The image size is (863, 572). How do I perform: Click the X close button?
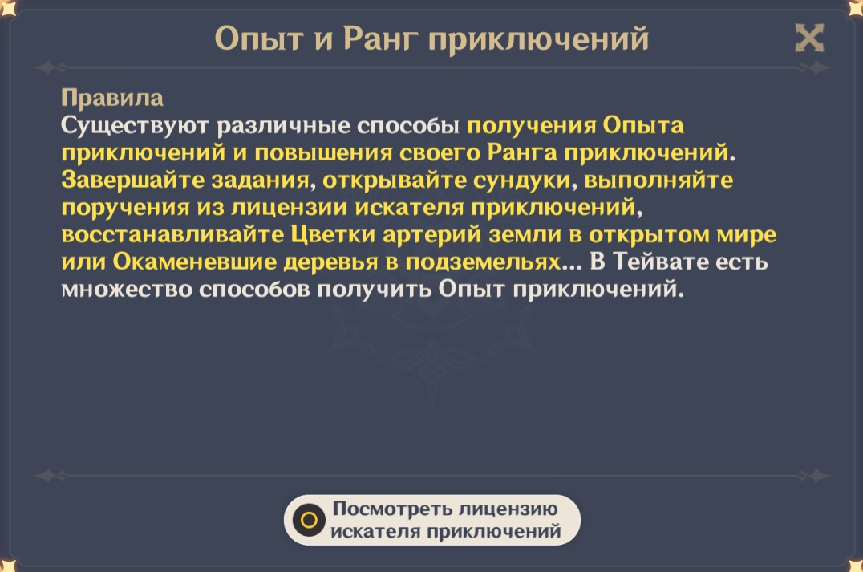tap(809, 38)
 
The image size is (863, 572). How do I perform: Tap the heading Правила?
tap(112, 98)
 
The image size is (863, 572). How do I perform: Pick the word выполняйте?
tap(658, 181)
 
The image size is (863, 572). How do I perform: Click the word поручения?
tap(125, 208)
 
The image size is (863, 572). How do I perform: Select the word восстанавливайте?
tap(172, 234)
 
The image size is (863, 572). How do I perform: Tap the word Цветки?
tap(332, 235)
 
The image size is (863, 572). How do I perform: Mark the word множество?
tap(126, 290)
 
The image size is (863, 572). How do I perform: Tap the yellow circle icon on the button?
tap(309, 520)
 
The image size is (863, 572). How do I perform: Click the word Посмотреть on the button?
tap(392, 508)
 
